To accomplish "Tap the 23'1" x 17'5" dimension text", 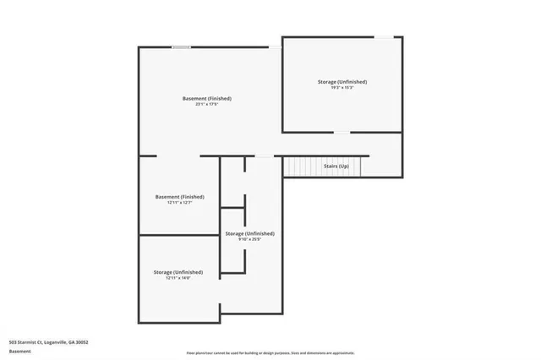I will coord(207,105).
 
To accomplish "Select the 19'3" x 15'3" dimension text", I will coord(342,88).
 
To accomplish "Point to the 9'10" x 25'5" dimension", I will coord(249,239).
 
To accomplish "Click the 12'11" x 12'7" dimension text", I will coord(179,203).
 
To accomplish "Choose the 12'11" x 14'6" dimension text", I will coord(178,278).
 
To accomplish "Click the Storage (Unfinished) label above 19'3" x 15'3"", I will coord(342,81).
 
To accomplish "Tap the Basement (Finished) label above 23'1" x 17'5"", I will coord(207,98).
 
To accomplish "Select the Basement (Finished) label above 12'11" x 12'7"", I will coord(179,196).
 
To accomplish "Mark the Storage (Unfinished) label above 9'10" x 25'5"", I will coord(249,232).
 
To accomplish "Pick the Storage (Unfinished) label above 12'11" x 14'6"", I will coord(178,271).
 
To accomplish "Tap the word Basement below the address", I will coord(19,350).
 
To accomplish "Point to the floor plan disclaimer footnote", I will coord(270,352).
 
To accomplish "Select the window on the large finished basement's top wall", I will coord(181,47).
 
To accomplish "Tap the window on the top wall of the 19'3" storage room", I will coord(384,36).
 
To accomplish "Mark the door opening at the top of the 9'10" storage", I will coord(265,156).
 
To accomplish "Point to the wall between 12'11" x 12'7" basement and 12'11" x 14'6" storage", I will coord(179,235).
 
